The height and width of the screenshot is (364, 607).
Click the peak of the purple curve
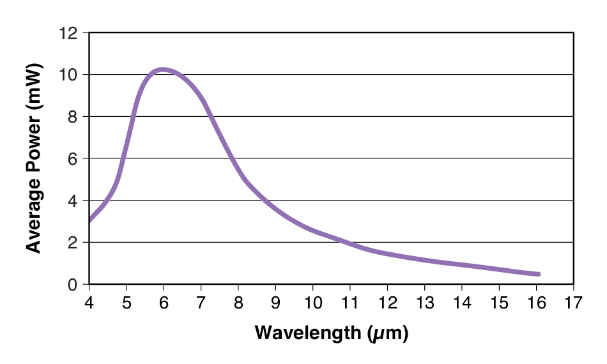click(x=164, y=69)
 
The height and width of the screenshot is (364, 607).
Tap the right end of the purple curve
click(x=539, y=274)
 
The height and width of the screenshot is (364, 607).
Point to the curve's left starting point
click(x=90, y=220)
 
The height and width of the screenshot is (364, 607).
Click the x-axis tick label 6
click(x=164, y=301)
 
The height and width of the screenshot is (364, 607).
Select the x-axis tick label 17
click(x=574, y=301)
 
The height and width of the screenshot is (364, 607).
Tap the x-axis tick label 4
click(x=89, y=301)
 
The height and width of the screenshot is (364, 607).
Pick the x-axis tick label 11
click(x=350, y=301)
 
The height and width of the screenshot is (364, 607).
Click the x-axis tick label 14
click(x=461, y=301)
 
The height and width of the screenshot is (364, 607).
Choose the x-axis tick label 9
click(x=275, y=301)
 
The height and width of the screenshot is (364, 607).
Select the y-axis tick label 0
click(x=74, y=285)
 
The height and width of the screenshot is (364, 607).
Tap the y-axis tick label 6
click(x=74, y=159)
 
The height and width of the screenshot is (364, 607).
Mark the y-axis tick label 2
click(x=74, y=243)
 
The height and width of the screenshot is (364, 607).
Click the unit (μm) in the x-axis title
click(x=387, y=333)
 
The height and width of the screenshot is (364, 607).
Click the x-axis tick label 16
click(x=536, y=301)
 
